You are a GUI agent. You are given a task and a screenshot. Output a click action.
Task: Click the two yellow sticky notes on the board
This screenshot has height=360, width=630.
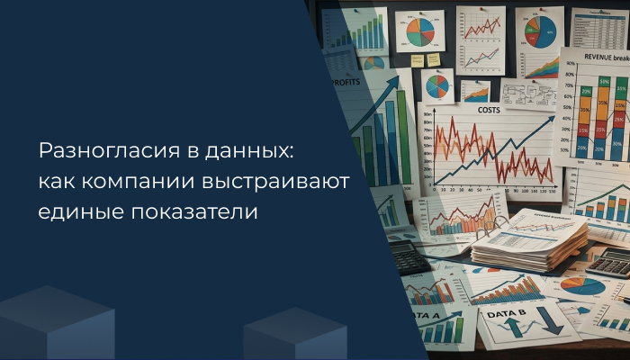click(x=425, y=59)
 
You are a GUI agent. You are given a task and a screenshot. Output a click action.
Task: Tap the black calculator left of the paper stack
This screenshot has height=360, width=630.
click(x=407, y=256)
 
